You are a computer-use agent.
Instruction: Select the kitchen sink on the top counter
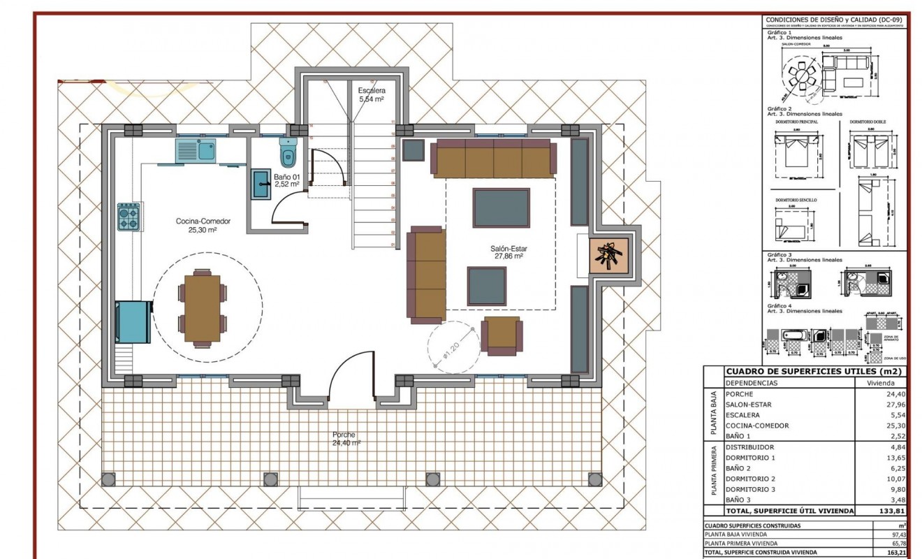pos(196,150)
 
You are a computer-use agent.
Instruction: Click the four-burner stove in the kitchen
pos(129,217)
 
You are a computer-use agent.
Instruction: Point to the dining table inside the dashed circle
pos(203,308)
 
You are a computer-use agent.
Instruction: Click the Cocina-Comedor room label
pos(203,225)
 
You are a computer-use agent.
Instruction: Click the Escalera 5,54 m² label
pos(372,95)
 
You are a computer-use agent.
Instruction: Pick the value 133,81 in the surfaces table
pos(892,511)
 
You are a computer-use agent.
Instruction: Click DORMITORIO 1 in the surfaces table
pos(750,458)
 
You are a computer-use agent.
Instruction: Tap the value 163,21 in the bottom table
pos(896,552)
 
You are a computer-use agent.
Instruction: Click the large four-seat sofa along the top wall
pos(494,159)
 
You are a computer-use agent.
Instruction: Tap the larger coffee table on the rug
pos(501,208)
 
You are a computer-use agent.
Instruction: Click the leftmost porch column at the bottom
pos(108,479)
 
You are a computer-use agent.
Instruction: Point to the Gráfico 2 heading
pos(779,109)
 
